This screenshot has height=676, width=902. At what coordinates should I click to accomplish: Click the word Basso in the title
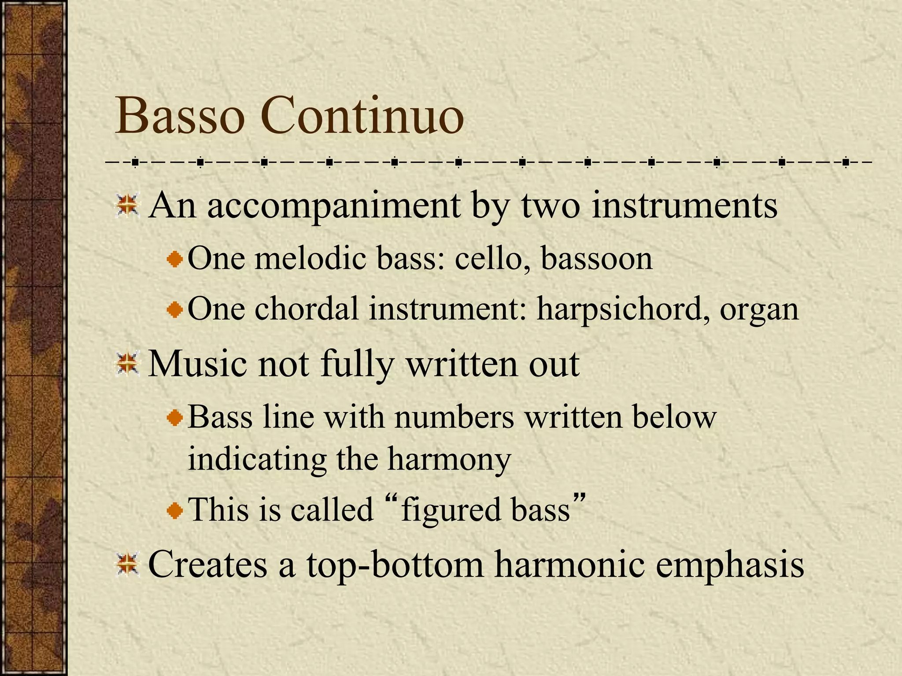click(x=180, y=117)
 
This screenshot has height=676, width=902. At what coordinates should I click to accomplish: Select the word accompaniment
click(x=333, y=206)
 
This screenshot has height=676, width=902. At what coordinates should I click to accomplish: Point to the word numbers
click(x=454, y=417)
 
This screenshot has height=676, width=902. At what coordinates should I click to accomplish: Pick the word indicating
click(x=257, y=459)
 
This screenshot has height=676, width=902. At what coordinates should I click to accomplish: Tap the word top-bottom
click(x=395, y=565)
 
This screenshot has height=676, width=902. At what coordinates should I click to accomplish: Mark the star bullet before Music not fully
click(x=128, y=365)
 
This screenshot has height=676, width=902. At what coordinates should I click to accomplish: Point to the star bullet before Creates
click(x=128, y=565)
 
